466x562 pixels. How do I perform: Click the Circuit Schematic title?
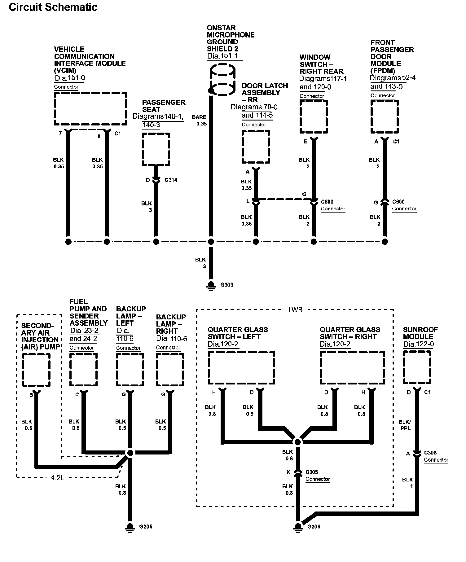point(53,7)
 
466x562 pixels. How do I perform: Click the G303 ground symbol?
point(211,285)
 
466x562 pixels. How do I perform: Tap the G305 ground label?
point(146,526)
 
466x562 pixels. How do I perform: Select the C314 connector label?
point(171,180)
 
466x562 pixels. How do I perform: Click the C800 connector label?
point(327,202)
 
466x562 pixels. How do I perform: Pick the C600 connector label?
point(398,202)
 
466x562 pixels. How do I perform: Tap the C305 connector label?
point(312,472)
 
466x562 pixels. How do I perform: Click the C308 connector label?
point(430,453)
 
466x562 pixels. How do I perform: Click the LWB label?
point(295,310)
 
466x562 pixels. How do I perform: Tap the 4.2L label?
point(57,478)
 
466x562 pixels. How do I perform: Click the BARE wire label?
point(199,117)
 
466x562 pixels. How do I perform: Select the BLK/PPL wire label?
point(405,425)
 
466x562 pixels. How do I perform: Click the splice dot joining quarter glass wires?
point(297,442)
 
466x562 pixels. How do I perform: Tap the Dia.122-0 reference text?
point(418,344)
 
